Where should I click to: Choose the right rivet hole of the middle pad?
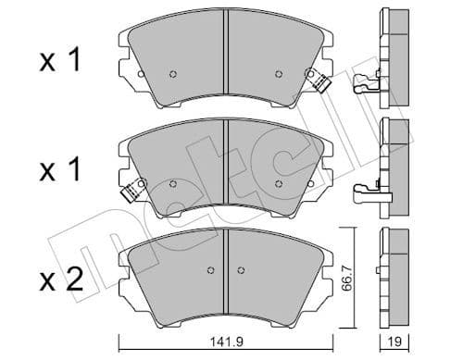pyautogui.click(x=280, y=181)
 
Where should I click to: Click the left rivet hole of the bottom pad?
pyautogui.click(x=211, y=270)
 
